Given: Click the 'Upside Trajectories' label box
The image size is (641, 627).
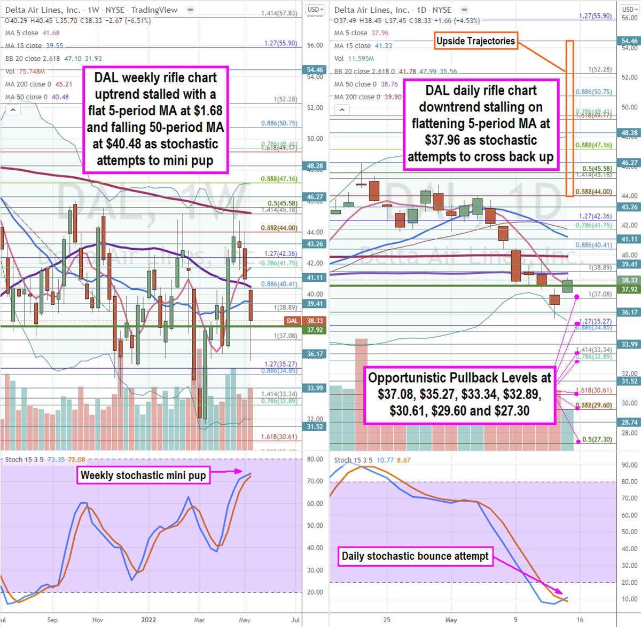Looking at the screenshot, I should (475, 41).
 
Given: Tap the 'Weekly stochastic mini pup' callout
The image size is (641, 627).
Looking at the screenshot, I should (143, 475).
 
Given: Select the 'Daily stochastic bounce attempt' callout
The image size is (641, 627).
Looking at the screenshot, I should (415, 556).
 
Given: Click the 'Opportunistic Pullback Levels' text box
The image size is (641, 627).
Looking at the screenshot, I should (459, 394).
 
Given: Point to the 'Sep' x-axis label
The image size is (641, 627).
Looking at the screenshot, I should (52, 620).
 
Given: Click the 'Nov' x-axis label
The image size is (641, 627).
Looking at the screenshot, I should (98, 620).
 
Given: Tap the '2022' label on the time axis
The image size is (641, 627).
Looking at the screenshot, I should (148, 620).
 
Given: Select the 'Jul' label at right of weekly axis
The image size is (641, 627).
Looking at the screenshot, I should (295, 620).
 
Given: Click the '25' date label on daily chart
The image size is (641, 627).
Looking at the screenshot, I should (387, 620).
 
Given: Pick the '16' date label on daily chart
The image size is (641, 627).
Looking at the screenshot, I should (580, 620).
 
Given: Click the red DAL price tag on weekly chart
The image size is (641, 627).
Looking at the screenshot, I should (292, 321).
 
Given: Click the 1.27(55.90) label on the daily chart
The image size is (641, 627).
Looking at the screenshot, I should (595, 17).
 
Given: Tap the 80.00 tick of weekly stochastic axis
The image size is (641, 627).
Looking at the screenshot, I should (315, 459).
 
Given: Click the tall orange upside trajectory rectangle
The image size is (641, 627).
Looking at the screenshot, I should (569, 118).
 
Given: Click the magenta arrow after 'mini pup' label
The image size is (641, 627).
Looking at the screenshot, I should (228, 471).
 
